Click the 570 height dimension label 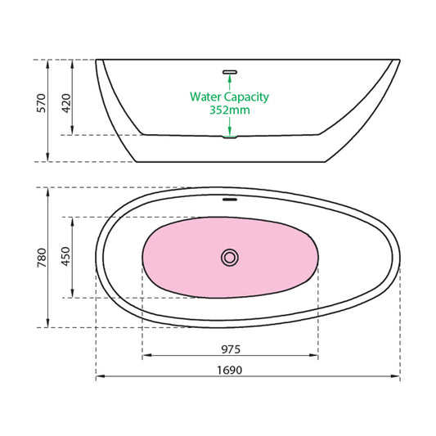click(x=41, y=103)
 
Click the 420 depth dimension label click(x=66, y=103)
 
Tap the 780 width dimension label click(x=42, y=258)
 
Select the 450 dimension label click(x=66, y=256)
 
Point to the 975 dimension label click(x=231, y=349)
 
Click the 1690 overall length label click(x=229, y=370)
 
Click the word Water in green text click(x=206, y=97)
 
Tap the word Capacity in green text click(x=247, y=97)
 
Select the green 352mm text click(x=230, y=110)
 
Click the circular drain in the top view click(x=230, y=258)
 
